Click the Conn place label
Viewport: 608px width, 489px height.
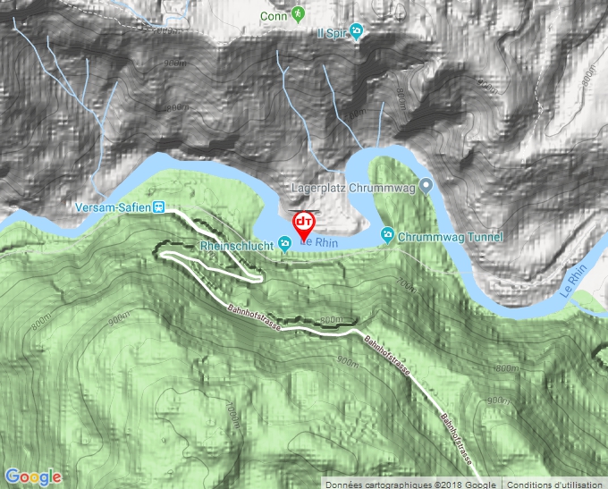click(272, 15)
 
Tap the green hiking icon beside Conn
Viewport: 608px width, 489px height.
click(298, 15)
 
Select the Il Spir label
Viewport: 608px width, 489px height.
click(331, 33)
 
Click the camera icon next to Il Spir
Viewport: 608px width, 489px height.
click(356, 33)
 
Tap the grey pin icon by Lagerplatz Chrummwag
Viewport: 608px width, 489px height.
click(426, 187)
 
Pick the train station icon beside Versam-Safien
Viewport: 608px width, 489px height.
click(159, 207)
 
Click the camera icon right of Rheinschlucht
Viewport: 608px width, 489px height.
click(284, 241)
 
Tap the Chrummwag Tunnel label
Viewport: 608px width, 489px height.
click(450, 237)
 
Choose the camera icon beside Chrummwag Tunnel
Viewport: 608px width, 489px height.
click(387, 236)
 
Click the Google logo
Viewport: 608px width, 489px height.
click(33, 476)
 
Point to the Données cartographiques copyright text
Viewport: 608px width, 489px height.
click(410, 484)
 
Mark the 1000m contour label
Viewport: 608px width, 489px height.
click(234, 417)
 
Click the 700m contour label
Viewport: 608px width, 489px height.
click(407, 284)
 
